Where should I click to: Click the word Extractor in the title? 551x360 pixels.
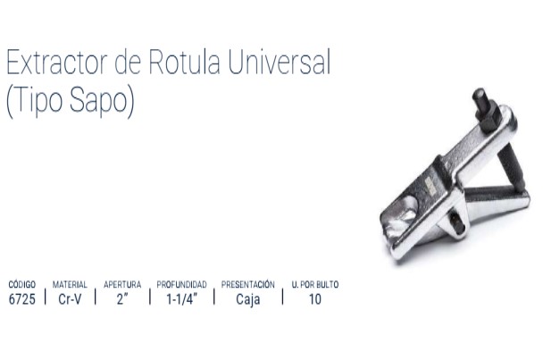[x=56, y=63]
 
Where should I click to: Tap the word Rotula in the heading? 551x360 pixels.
[x=185, y=62]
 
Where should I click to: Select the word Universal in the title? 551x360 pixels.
[x=280, y=62]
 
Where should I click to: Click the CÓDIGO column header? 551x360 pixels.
[x=22, y=284]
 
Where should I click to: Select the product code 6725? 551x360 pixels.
[x=22, y=299]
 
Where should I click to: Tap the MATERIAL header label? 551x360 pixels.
[x=70, y=284]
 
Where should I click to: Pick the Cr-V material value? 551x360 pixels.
[x=70, y=299]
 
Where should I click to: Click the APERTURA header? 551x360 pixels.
[x=122, y=284]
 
